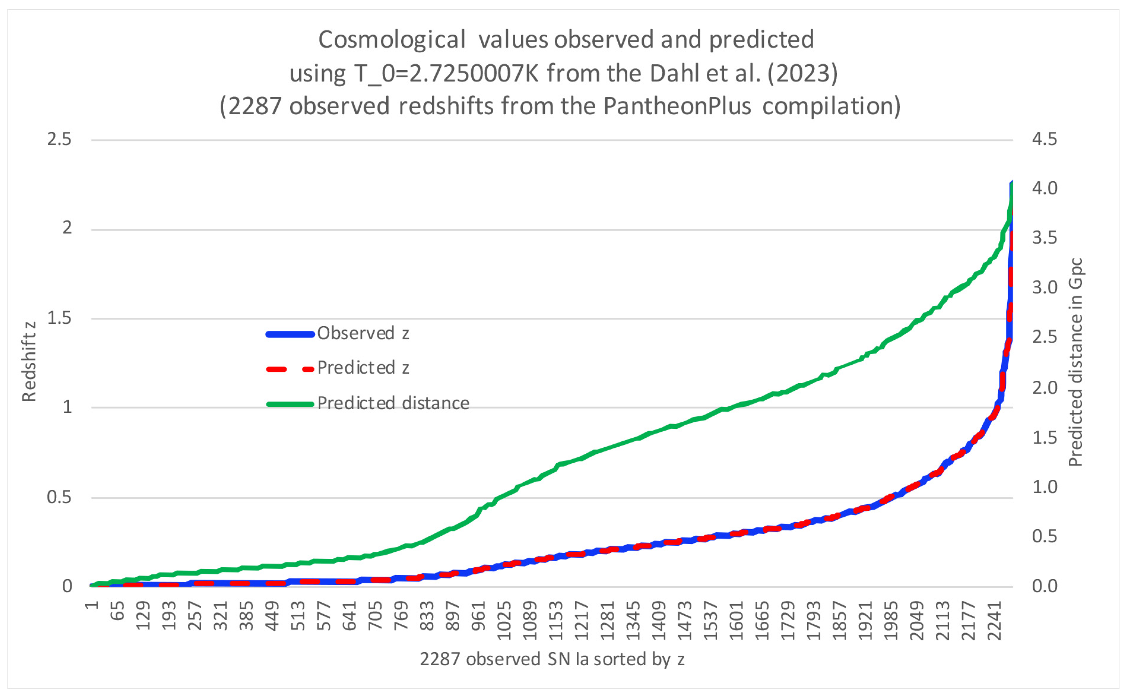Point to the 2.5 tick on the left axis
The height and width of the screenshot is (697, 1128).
[59, 139]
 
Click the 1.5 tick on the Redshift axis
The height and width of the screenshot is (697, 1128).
[59, 318]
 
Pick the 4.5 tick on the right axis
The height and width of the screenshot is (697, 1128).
[1044, 139]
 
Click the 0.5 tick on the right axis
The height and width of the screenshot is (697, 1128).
[1044, 536]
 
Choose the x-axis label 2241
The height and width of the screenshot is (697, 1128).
[995, 620]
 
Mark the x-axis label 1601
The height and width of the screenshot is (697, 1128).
[737, 620]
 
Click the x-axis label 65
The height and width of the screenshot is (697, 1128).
[118, 610]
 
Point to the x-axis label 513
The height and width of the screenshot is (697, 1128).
[299, 615]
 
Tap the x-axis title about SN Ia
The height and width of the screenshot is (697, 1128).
[552, 659]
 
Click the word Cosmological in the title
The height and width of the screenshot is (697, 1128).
[392, 40]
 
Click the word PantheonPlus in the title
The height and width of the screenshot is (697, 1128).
[677, 106]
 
